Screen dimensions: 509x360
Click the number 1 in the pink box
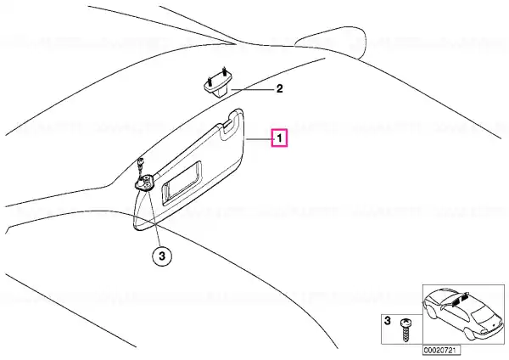click(279, 138)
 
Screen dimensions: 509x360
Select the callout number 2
click(279, 88)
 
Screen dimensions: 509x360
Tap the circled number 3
click(162, 256)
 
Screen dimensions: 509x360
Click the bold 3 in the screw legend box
click(388, 321)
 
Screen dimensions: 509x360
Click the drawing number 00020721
click(441, 351)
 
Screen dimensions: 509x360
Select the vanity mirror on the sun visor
click(182, 183)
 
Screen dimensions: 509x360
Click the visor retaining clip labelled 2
click(218, 84)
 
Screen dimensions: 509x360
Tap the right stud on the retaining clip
click(224, 70)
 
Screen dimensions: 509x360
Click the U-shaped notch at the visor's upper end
click(228, 128)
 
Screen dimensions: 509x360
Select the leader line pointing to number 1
click(259, 139)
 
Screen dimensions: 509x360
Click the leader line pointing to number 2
click(252, 89)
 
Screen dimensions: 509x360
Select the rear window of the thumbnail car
click(484, 312)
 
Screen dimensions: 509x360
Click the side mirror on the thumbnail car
click(443, 307)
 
